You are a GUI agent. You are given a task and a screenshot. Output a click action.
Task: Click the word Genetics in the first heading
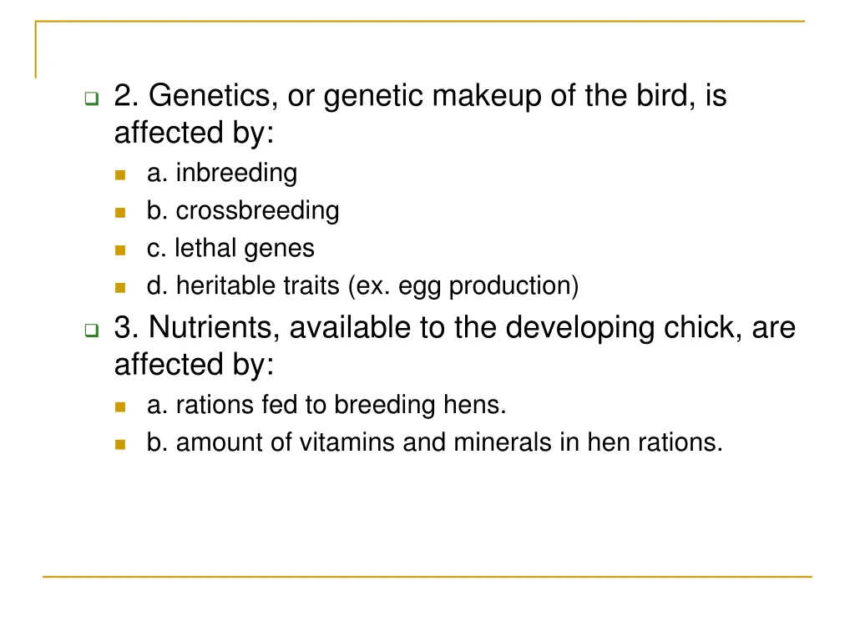209,97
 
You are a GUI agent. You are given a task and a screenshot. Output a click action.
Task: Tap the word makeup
486,97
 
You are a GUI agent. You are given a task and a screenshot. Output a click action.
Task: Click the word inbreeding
236,174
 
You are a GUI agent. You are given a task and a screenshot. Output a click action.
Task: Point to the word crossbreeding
257,211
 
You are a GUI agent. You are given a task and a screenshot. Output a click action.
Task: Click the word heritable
216,286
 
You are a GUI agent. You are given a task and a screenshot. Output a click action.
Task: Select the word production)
514,286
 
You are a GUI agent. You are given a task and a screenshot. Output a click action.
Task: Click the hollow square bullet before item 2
91,99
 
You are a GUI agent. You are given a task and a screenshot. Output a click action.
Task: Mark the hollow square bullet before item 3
91,331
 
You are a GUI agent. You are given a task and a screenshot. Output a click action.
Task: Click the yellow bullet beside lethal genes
121,250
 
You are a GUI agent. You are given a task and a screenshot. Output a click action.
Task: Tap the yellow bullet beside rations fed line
121,406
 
